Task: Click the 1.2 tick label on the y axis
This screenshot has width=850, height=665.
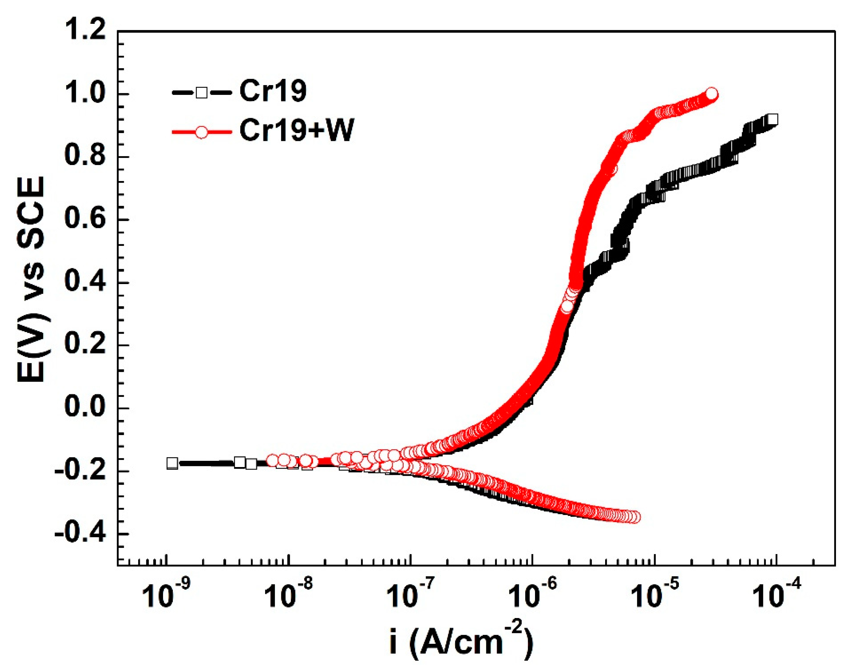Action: [84, 31]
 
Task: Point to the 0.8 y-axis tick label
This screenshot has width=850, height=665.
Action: [84, 157]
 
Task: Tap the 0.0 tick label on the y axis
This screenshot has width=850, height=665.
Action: [84, 408]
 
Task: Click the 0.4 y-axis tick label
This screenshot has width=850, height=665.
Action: [84, 283]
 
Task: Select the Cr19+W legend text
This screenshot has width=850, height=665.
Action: [296, 131]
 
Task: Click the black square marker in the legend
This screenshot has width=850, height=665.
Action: [201, 93]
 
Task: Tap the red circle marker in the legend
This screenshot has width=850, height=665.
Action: [201, 132]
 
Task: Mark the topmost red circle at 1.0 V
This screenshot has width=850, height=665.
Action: [711, 94]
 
